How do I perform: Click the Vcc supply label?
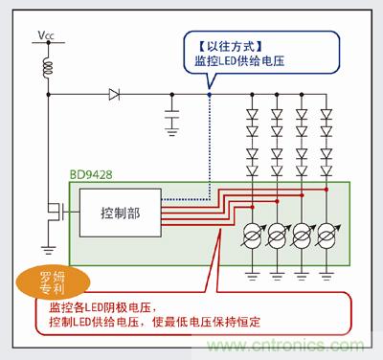[x=46, y=37]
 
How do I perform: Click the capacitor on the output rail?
[x=172, y=119]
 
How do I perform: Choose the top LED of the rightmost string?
[x=327, y=113]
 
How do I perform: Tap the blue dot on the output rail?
[x=209, y=94]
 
